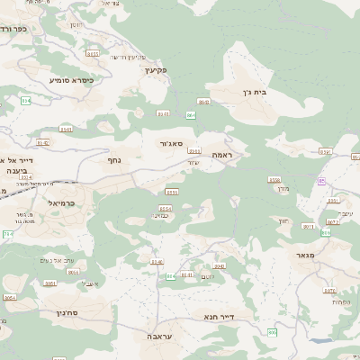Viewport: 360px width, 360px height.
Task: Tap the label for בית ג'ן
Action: (256, 92)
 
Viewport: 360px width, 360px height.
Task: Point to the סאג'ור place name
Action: (172, 143)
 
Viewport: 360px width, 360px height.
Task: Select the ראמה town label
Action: (221, 156)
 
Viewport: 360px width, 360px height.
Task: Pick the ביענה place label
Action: (18, 169)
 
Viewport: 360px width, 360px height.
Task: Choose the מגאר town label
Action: (306, 256)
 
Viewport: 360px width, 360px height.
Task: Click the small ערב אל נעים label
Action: (81, 260)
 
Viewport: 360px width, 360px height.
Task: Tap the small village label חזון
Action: (283, 220)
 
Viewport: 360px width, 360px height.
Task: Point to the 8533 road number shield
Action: (194, 150)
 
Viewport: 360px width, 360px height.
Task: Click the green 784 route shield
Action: (7, 234)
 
